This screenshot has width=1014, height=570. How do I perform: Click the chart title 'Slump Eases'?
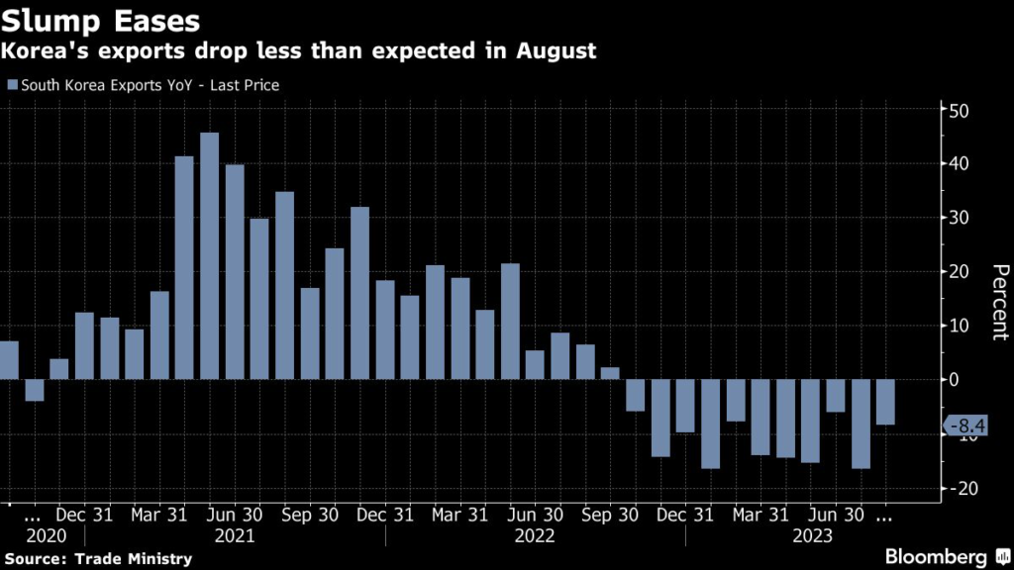pos(100,19)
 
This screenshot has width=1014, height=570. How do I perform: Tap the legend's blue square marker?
pos(12,85)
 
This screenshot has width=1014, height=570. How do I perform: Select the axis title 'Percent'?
pos(999,302)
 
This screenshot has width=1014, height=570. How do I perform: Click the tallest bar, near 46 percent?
pos(209,255)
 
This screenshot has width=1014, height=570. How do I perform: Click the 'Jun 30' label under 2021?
pos(235,515)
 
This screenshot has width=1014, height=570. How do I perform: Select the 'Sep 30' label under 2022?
pos(611,515)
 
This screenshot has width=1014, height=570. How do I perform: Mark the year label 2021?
pos(235,535)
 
